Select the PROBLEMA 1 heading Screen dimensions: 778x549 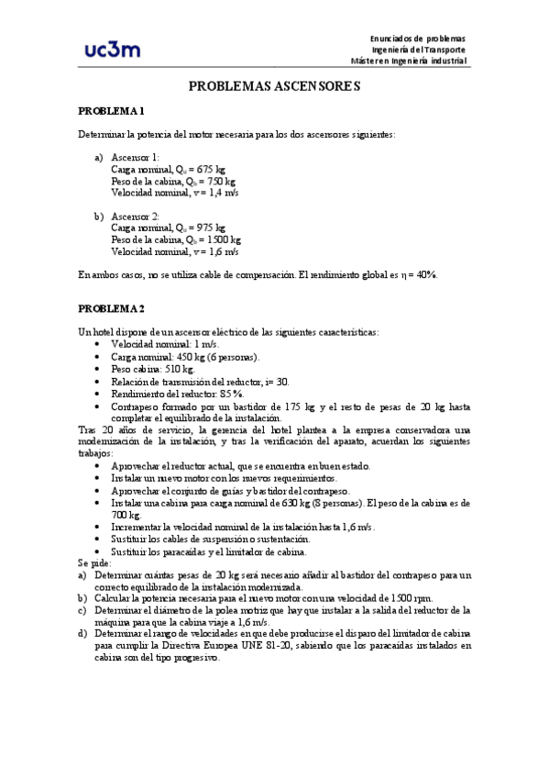click(111, 111)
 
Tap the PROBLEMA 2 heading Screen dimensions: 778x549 click(111, 307)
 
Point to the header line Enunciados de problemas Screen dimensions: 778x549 click(417, 37)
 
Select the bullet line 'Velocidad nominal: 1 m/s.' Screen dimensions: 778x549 click(160, 343)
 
